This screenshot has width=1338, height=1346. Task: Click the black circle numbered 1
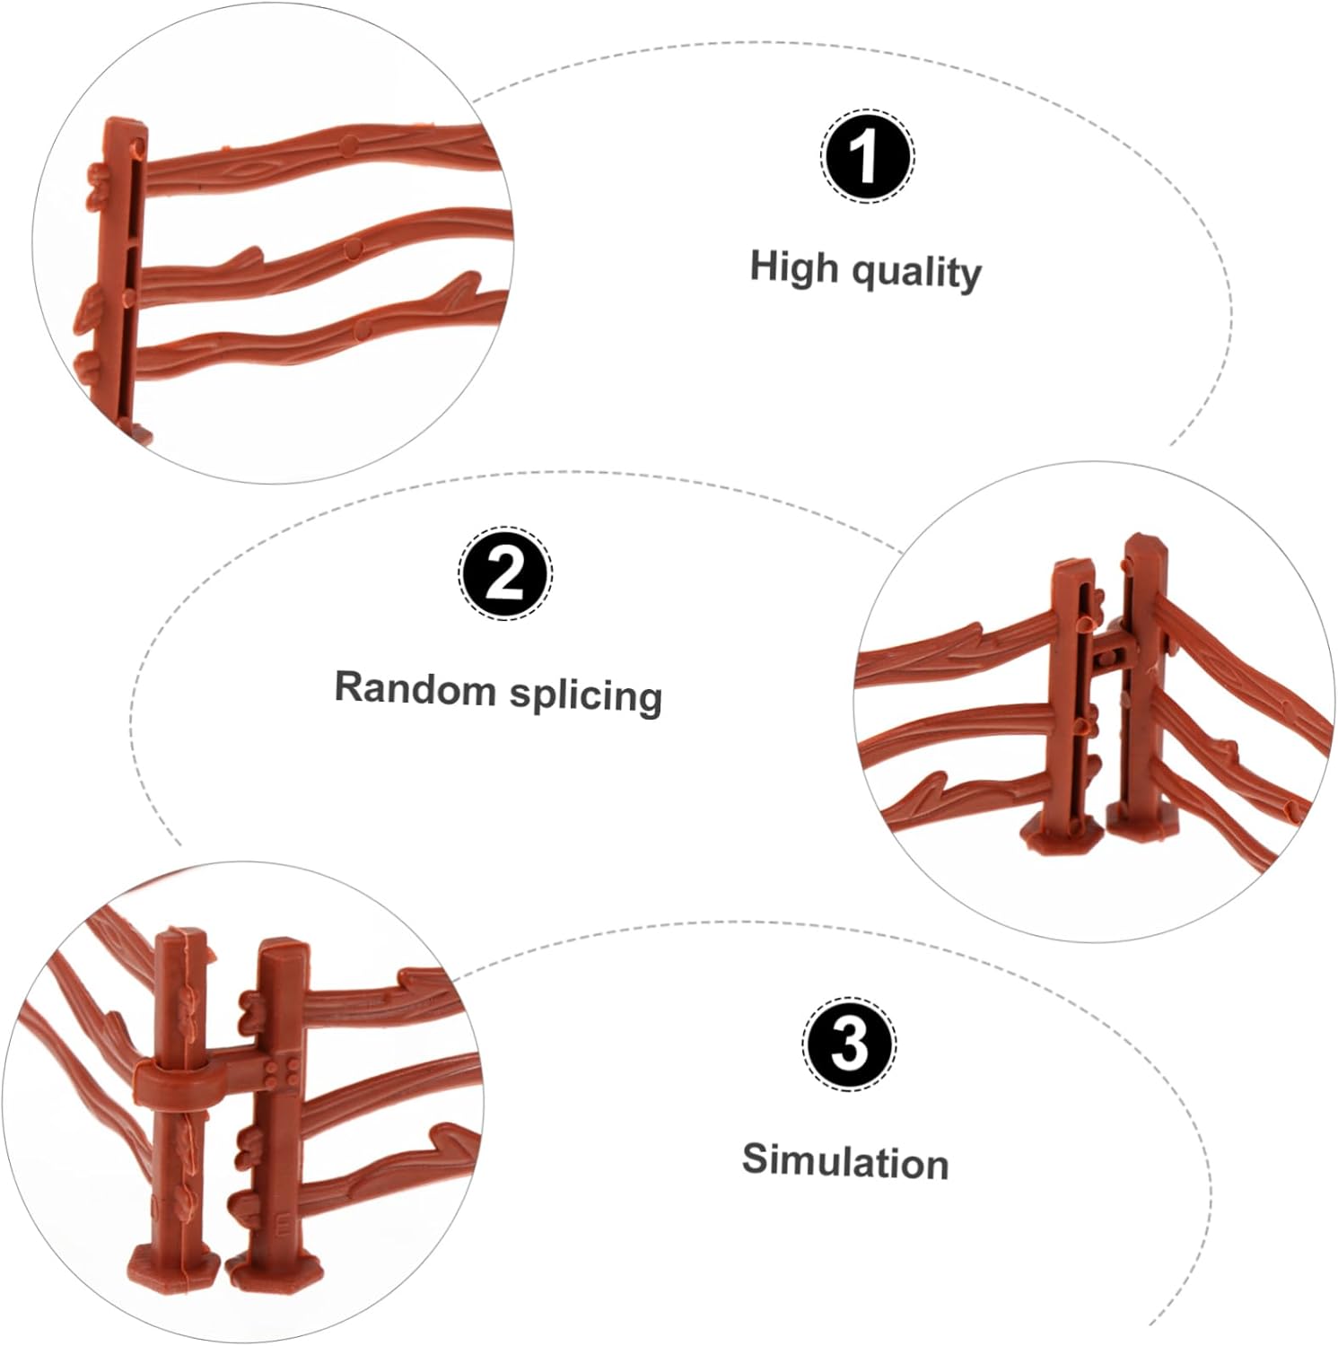tap(867, 156)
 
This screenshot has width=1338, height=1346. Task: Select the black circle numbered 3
tap(849, 1044)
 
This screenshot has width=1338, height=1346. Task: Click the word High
tap(794, 268)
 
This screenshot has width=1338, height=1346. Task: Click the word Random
tap(415, 688)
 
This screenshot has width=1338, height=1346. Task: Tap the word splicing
tap(586, 695)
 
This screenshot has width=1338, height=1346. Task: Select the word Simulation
tap(845, 1161)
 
